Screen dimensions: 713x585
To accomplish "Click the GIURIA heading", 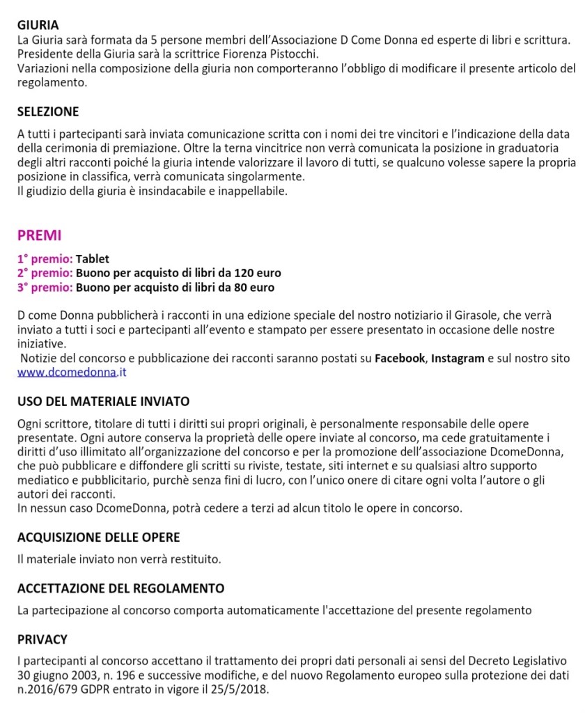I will click(x=38, y=26).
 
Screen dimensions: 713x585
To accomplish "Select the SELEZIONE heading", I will click(x=48, y=112).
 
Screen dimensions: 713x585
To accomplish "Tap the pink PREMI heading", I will click(x=39, y=235).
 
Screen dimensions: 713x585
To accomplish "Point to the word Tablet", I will click(x=93, y=259).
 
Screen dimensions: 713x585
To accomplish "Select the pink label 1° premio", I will click(x=45, y=259).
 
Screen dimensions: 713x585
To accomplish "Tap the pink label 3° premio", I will click(x=45, y=287).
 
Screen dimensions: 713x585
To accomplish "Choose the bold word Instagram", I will click(x=458, y=359).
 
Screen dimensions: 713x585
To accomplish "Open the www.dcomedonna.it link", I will click(x=72, y=373).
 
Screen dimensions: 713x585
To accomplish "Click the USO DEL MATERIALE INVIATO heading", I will click(x=103, y=402).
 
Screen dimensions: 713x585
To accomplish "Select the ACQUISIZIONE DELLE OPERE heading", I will click(x=98, y=538).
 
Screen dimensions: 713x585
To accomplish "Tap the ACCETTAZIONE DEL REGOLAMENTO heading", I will click(x=120, y=589).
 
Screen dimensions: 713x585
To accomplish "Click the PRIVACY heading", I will click(x=42, y=640).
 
